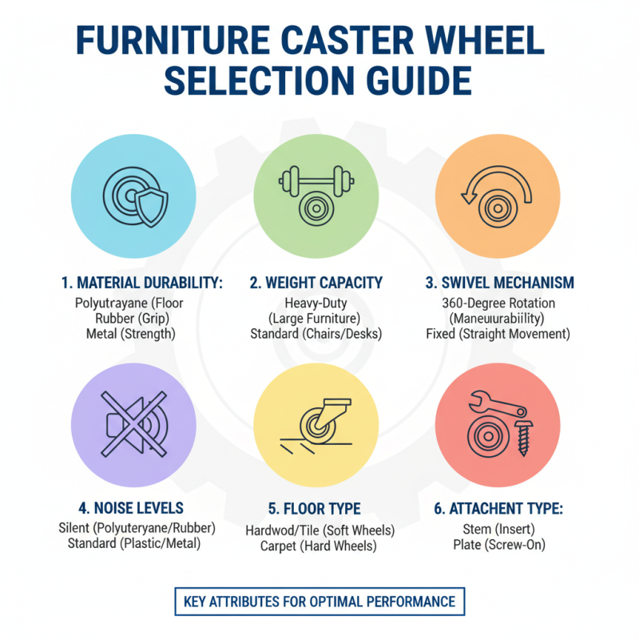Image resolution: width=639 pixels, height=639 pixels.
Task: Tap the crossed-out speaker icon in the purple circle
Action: (x=133, y=424)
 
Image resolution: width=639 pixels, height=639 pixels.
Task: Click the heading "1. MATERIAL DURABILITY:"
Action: (x=141, y=283)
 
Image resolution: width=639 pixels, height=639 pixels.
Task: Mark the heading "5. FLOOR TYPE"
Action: (x=316, y=508)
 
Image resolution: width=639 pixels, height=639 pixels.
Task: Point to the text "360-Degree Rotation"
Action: (x=498, y=304)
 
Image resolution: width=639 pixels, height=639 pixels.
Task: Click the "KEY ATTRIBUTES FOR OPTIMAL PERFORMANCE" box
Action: (x=319, y=601)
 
